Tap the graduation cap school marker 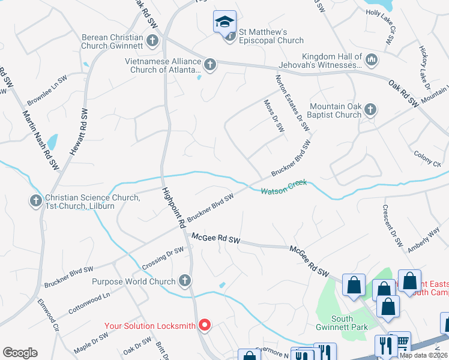point(225,22)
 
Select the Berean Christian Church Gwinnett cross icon point(152,41)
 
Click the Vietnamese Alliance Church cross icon point(209,63)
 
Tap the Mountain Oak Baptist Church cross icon point(370,109)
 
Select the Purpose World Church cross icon point(185,281)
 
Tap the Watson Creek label point(283,187)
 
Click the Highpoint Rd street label point(172,208)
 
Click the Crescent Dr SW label point(392,226)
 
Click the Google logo point(20,352)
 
